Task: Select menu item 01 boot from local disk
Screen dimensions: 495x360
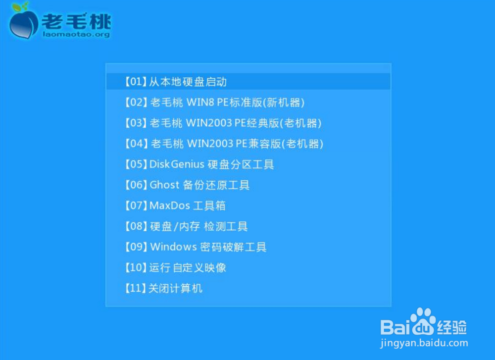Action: coord(176,82)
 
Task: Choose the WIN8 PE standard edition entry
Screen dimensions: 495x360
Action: coord(214,103)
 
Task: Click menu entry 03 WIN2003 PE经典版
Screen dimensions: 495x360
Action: coord(223,123)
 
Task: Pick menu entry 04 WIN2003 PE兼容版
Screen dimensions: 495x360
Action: coord(224,144)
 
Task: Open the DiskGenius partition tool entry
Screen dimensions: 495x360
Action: coord(199,164)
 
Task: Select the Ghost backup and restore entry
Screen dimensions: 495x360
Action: coord(187,185)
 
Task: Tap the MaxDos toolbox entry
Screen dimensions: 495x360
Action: coord(175,206)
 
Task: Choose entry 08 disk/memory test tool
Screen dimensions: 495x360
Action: coord(186,226)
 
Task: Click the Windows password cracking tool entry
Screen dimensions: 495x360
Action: coord(196,247)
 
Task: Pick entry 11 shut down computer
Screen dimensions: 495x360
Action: coord(163,288)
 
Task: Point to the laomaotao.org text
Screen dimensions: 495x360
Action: coord(76,34)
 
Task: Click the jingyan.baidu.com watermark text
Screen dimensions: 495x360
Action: coord(424,343)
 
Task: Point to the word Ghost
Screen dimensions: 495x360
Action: coord(164,185)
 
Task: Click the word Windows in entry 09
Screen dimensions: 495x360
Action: coord(174,247)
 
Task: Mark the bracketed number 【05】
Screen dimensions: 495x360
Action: coord(136,164)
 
